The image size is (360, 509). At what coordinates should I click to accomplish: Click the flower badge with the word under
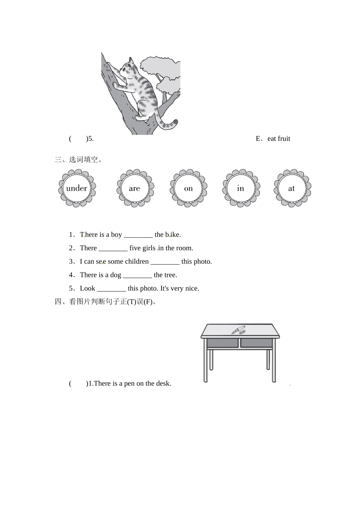pos(77,188)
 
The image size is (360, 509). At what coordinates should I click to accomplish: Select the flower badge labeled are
pos(135,188)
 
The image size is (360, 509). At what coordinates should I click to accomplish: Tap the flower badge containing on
pos(189,188)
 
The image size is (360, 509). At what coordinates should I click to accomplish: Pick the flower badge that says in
pos(241,188)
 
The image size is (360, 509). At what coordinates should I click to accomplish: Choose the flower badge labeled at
pos(293,188)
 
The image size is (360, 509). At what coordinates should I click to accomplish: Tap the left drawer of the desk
pos(222,343)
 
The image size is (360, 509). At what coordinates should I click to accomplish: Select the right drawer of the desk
pos(256,343)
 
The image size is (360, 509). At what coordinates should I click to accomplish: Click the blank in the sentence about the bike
pos(138,236)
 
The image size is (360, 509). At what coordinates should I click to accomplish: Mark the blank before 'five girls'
pos(113,250)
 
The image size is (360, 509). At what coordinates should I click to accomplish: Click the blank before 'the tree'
pos(137,276)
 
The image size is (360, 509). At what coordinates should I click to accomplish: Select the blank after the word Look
pos(111,290)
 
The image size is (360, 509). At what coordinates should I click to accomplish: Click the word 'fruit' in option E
pos(284,139)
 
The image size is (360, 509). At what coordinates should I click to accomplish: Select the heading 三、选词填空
pos(78,159)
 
